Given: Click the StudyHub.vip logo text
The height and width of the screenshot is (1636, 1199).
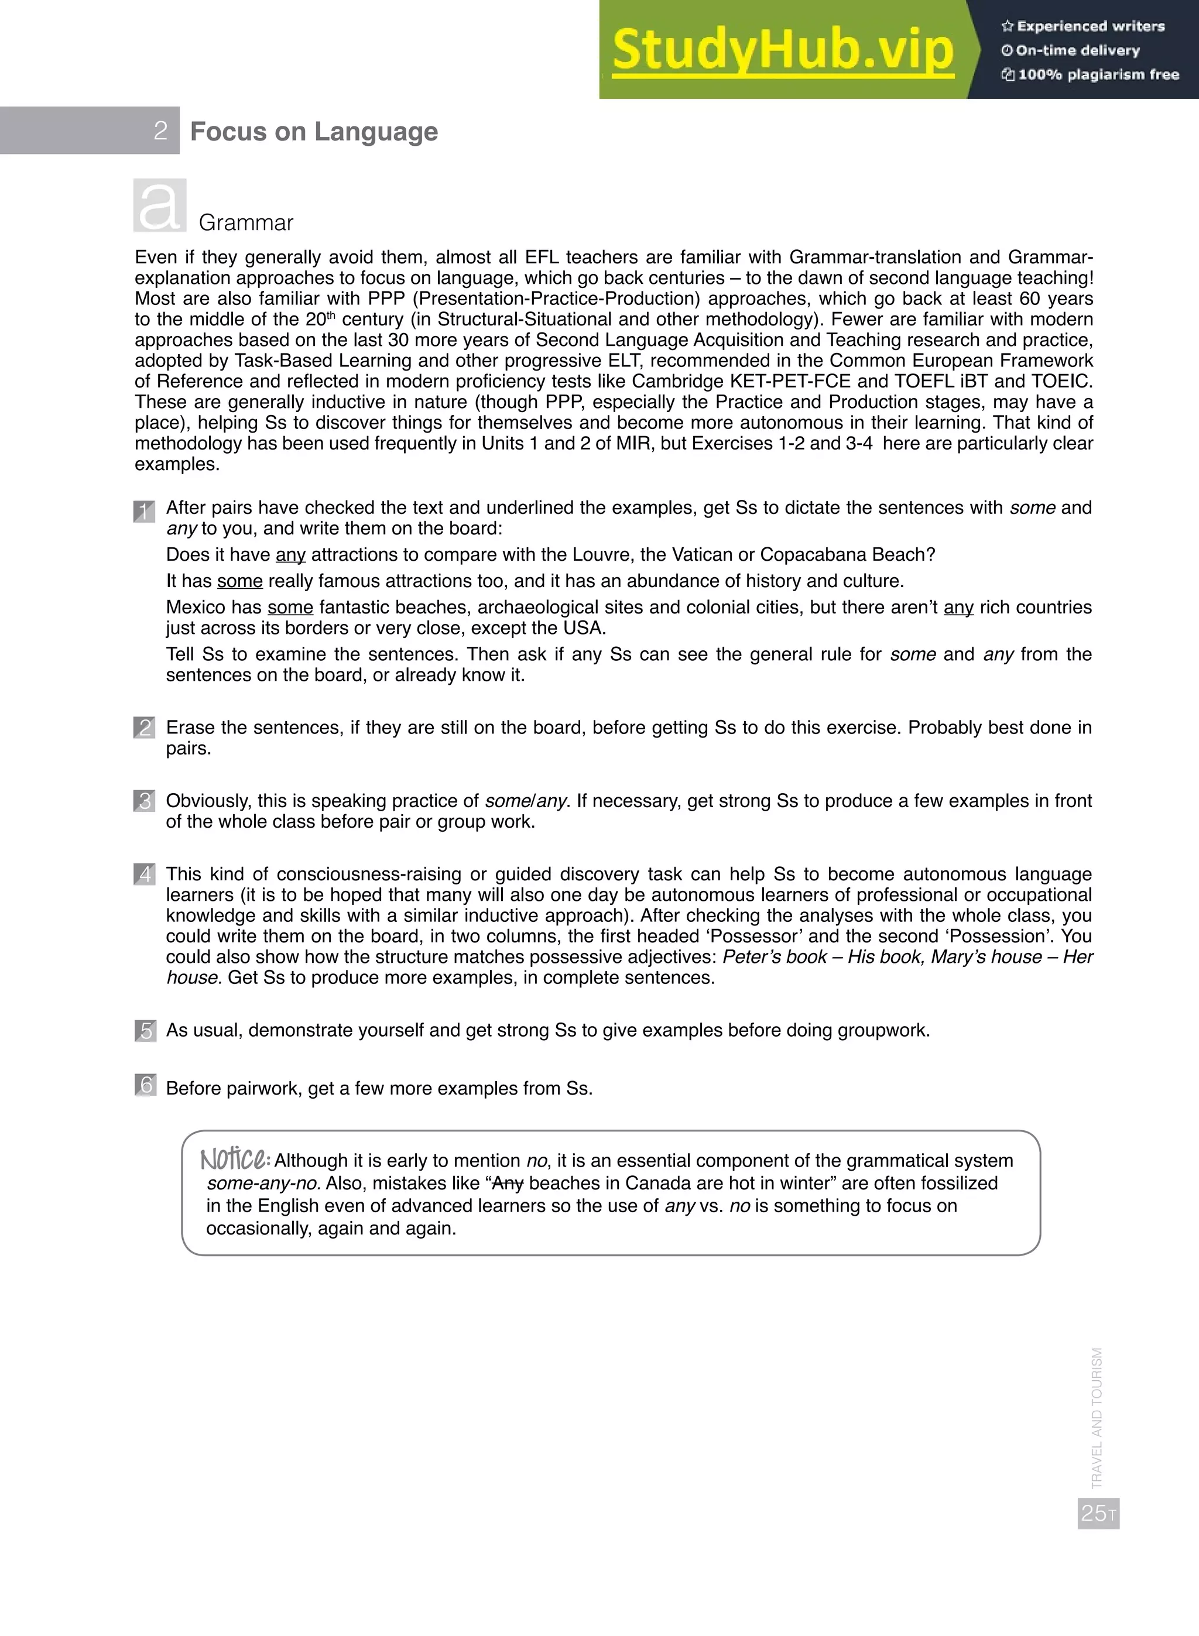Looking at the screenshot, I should point(782,51).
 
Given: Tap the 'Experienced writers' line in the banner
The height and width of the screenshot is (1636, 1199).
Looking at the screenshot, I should point(1083,26).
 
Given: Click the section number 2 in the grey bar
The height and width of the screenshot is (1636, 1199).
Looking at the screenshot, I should point(160,131).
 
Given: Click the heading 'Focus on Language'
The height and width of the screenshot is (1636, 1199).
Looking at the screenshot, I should point(314,131).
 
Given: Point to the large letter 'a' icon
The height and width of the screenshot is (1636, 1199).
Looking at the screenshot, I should point(160,206).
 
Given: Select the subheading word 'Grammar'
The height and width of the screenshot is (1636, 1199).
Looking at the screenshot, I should point(245,223).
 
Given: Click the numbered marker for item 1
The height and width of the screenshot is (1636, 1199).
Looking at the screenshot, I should point(145,512).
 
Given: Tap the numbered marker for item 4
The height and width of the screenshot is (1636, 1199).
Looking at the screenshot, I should point(145,874).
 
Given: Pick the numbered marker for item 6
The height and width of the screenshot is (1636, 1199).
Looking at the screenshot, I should point(145,1085).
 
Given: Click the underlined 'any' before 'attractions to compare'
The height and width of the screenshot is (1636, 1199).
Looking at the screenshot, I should point(290,555).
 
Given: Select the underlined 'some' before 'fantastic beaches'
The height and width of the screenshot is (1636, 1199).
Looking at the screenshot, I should point(290,607).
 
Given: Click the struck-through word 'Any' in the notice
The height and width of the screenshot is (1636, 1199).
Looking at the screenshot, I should point(508,1184).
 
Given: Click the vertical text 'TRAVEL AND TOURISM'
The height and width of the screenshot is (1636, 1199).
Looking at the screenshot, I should point(1097,1418).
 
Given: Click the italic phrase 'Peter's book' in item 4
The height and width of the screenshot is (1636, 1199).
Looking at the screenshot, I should point(774,957).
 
